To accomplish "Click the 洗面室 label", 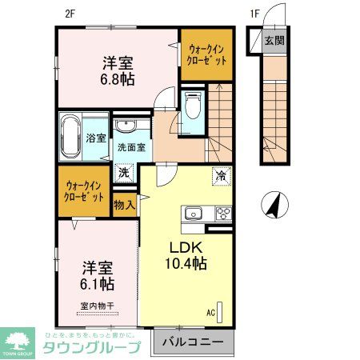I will pyautogui.click(x=131, y=147).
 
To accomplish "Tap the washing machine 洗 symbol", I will pyautogui.click(x=125, y=172).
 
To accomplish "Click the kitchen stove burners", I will pyautogui.click(x=222, y=213).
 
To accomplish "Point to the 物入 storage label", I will pyautogui.click(x=123, y=205).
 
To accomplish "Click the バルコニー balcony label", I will pyautogui.click(x=193, y=342).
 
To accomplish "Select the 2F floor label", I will pyautogui.click(x=71, y=13).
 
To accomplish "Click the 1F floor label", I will pyautogui.click(x=254, y=13).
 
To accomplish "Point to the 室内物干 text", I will pyautogui.click(x=95, y=304).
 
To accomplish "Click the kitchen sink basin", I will pyautogui.click(x=195, y=213).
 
